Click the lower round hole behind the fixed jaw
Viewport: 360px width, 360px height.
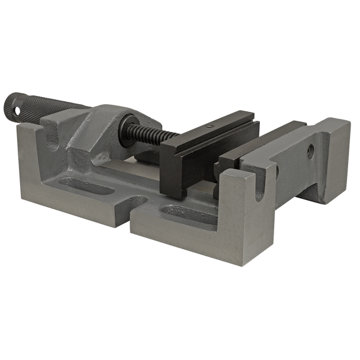point(277,172)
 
